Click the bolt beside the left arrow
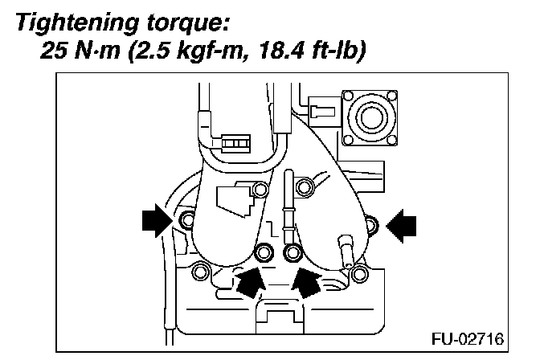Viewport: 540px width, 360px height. click(x=187, y=220)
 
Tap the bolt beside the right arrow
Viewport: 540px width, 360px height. click(x=369, y=223)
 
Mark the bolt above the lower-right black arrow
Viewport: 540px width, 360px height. click(x=293, y=252)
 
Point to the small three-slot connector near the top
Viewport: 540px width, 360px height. click(x=235, y=145)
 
